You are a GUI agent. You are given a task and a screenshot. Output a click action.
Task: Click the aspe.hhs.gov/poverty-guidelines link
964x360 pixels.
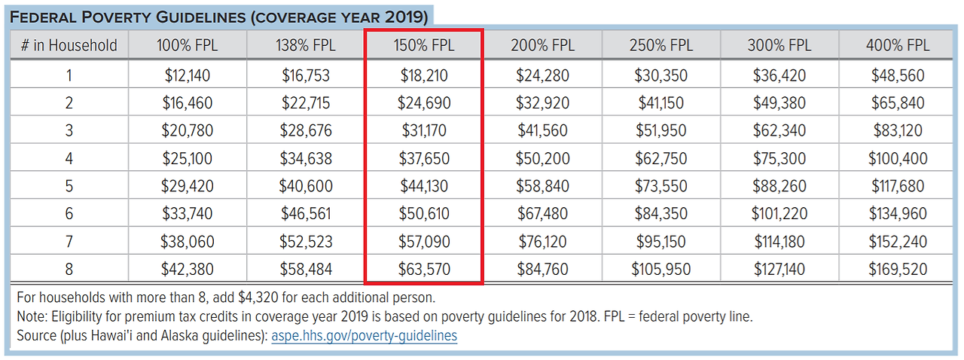(x=364, y=336)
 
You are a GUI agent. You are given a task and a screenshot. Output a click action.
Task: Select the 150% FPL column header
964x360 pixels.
(x=424, y=45)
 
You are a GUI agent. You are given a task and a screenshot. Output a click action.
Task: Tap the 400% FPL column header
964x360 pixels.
(x=898, y=45)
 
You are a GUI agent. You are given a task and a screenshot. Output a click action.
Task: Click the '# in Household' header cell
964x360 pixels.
(x=69, y=45)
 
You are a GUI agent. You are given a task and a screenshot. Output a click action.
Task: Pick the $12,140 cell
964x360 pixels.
(x=187, y=75)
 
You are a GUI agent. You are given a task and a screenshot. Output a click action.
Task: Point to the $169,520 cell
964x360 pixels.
(x=898, y=270)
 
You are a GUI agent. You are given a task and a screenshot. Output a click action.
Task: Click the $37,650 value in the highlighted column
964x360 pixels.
(x=423, y=159)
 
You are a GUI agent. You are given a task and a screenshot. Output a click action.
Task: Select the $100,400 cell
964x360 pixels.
(x=898, y=159)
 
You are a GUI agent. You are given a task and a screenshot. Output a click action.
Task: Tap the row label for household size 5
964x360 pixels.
(x=69, y=186)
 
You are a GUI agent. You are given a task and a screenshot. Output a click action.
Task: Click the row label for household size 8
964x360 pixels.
(x=69, y=270)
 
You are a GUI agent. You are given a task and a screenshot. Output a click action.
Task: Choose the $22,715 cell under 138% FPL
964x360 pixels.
(x=306, y=103)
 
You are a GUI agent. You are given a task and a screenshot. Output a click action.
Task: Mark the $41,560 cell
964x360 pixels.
(x=542, y=131)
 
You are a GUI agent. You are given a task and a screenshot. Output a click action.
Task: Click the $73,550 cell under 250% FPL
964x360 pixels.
(x=660, y=186)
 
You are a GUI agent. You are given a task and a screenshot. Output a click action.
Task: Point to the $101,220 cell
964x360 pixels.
(x=779, y=214)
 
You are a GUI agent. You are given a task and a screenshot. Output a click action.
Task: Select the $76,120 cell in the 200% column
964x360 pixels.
(x=542, y=242)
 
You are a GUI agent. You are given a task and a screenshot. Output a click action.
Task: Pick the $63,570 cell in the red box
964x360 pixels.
(x=423, y=270)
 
